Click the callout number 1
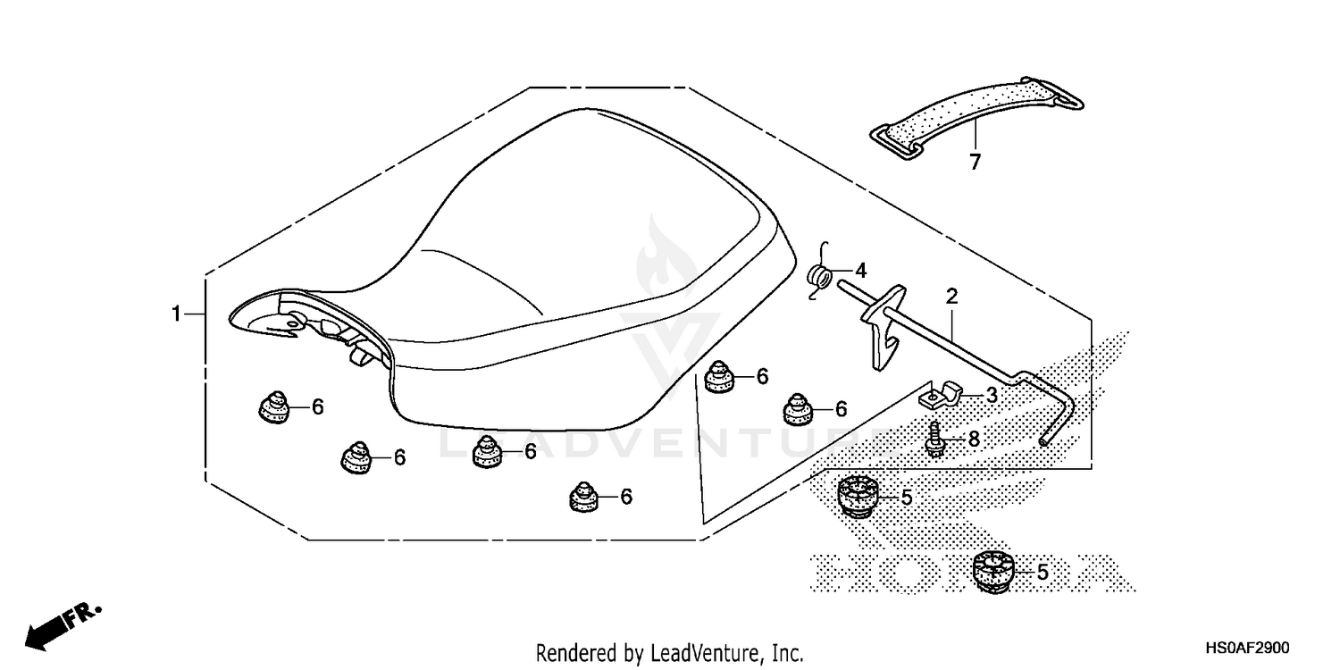point(177,314)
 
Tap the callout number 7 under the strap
point(975,163)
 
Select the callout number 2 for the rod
point(951,296)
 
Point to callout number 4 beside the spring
point(860,270)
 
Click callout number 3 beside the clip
point(992,394)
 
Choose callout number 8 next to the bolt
point(973,439)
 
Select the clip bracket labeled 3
point(942,391)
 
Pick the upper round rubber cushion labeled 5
point(858,496)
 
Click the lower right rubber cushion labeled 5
point(992,569)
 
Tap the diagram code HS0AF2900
point(1245,649)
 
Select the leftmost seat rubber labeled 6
point(274,406)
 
